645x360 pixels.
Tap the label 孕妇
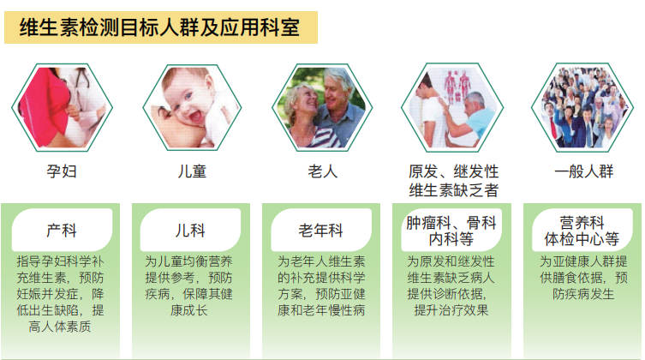coord(62,171)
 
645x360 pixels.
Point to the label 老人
coord(323,171)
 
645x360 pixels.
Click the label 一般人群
coord(584,171)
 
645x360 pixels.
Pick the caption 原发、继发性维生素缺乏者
coord(454,181)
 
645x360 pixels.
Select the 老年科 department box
coord(321,231)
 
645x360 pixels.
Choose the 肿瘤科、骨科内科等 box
coord(452,231)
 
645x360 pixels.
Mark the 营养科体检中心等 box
coord(583,231)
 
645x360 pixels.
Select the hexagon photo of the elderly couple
coord(323,107)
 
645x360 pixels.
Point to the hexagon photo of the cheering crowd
coord(583,107)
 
